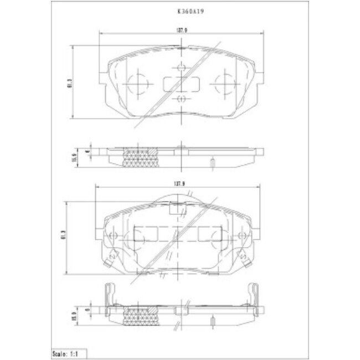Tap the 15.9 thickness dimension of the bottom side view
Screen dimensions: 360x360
(73, 313)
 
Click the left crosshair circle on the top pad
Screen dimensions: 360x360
(137, 85)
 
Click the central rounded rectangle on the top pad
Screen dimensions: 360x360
(182, 84)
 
